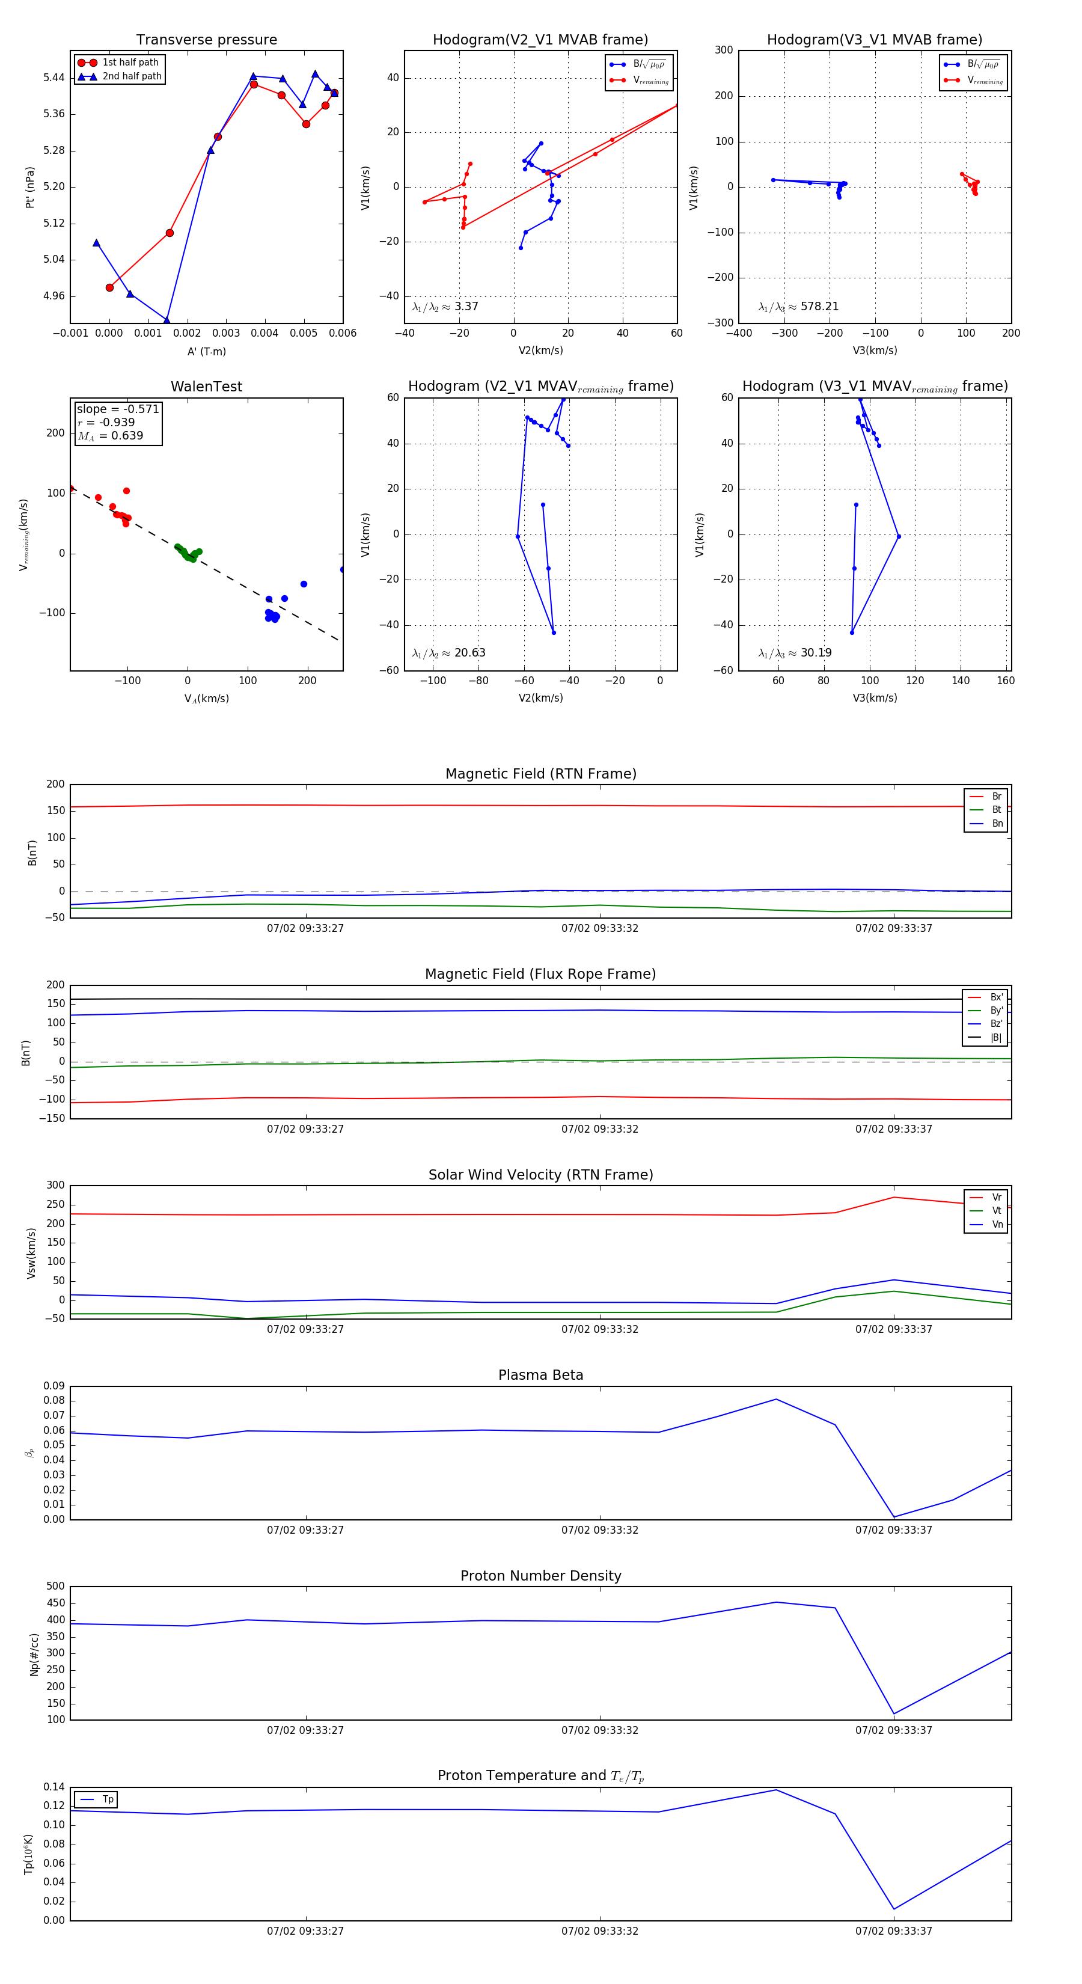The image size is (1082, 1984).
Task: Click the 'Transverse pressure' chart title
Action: point(206,40)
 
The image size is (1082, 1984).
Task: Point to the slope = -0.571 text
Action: point(118,409)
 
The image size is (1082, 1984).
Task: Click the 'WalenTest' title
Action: point(206,387)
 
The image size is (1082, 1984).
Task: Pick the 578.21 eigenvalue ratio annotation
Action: point(799,307)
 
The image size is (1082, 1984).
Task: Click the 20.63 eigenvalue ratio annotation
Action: point(449,653)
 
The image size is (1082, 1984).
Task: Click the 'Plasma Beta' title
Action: point(540,1376)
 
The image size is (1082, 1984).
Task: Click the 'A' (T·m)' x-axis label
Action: point(206,351)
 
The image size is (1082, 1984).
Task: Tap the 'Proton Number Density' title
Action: point(540,1576)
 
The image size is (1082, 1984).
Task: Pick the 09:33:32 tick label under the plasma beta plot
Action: point(599,1530)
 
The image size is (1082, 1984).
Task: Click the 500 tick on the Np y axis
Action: point(55,1587)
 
